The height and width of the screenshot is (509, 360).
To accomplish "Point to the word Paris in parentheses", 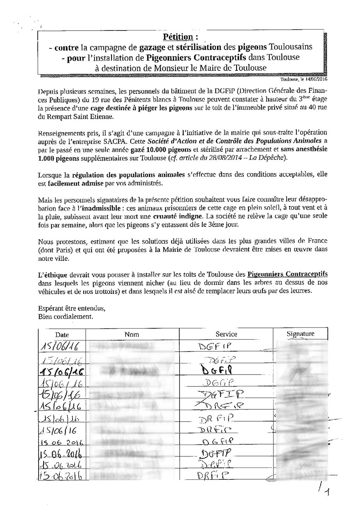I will pyautogui.click(x=62, y=250).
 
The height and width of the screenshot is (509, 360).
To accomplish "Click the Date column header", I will pyautogui.click(x=61, y=335).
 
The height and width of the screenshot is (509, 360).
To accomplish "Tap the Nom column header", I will pyautogui.click(x=132, y=334).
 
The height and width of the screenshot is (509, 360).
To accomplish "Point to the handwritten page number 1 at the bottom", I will pyautogui.click(x=326, y=491).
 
